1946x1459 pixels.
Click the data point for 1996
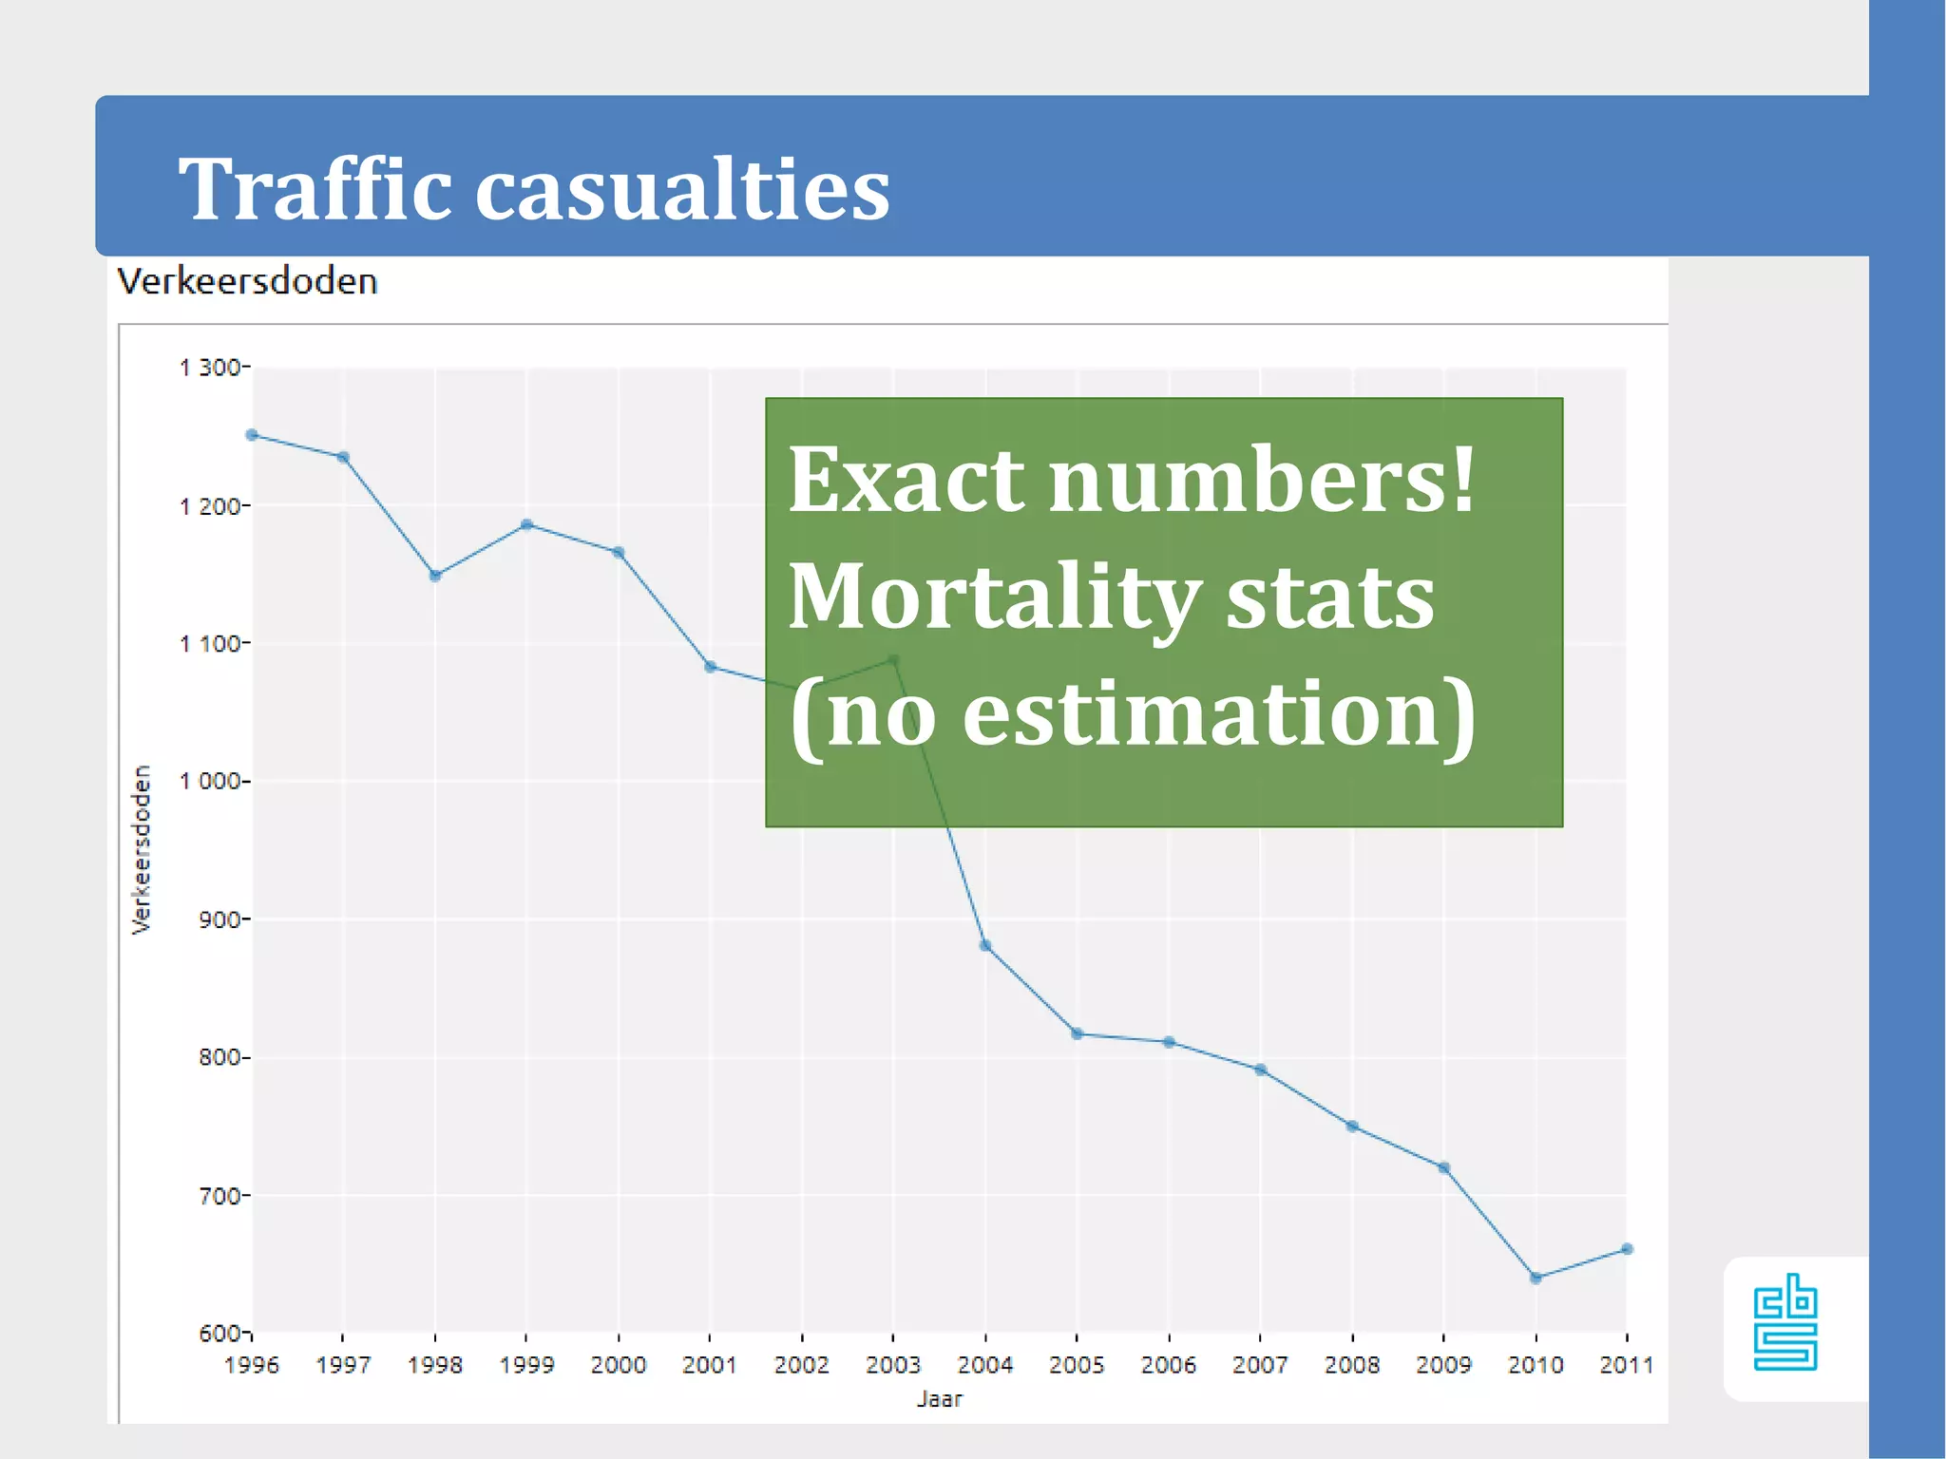coord(252,435)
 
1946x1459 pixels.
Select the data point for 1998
coord(435,576)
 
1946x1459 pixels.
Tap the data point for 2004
coord(985,946)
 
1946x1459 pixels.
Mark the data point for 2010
coord(1536,1279)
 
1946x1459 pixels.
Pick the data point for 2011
coord(1627,1249)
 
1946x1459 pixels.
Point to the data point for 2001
coord(710,667)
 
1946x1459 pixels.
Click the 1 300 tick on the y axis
coord(211,368)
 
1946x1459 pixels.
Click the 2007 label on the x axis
coord(1260,1365)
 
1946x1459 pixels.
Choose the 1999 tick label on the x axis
coord(526,1365)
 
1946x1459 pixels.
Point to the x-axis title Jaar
coord(939,1399)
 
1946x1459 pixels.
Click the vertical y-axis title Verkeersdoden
coord(142,849)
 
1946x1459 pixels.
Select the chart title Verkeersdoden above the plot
coord(247,282)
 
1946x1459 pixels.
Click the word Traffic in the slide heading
coord(315,189)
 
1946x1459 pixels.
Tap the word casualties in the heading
coord(681,189)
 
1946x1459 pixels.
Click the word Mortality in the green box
coord(994,597)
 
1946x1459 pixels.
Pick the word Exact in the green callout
coord(906,480)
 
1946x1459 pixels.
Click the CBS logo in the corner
coord(1784,1322)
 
